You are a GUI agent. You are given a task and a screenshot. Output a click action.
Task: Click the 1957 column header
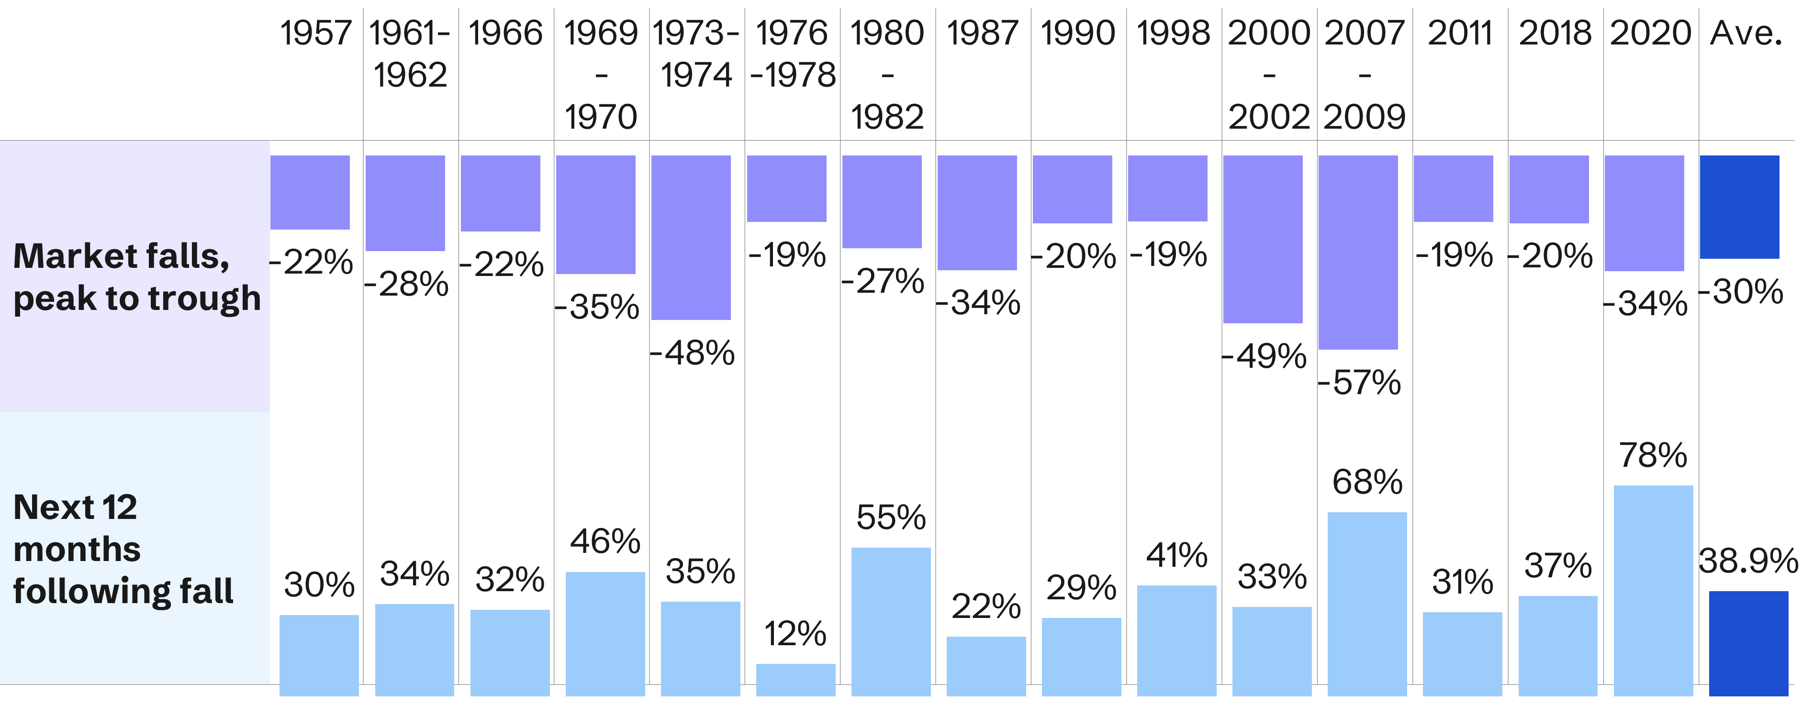pyautogui.click(x=316, y=33)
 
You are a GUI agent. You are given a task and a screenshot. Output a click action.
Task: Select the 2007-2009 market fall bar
pyautogui.click(x=1358, y=252)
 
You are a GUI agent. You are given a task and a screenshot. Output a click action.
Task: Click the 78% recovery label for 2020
pyautogui.click(x=1653, y=456)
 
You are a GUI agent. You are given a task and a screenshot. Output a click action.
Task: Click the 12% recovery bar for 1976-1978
pyautogui.click(x=795, y=679)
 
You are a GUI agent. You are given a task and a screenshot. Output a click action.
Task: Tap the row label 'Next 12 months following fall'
pyautogui.click(x=123, y=549)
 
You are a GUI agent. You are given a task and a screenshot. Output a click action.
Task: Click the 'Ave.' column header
pyautogui.click(x=1746, y=33)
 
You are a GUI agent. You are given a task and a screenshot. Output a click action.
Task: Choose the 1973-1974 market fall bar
pyautogui.click(x=691, y=238)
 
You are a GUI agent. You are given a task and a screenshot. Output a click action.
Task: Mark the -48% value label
pyautogui.click(x=693, y=352)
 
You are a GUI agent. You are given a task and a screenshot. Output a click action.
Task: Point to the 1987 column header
pyautogui.click(x=983, y=33)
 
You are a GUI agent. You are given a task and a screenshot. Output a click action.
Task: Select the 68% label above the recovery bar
pyautogui.click(x=1367, y=483)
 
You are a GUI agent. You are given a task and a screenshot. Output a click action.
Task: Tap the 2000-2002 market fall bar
pyautogui.click(x=1263, y=239)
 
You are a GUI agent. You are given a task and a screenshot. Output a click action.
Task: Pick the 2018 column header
pyautogui.click(x=1555, y=33)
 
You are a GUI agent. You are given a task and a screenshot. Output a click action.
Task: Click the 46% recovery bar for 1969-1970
pyautogui.click(x=604, y=633)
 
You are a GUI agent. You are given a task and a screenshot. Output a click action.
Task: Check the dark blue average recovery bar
pyautogui.click(x=1748, y=643)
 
